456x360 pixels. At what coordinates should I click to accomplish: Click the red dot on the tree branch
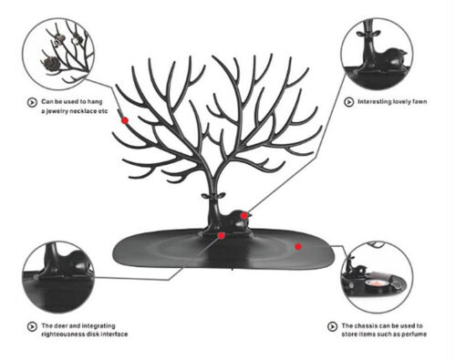(x=124, y=119)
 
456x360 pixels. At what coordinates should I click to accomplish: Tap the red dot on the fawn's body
(x=244, y=215)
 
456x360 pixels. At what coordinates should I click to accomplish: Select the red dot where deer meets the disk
(x=222, y=236)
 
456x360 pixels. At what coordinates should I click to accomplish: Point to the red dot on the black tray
(x=298, y=246)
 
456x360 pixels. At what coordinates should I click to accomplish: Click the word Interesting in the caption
(x=371, y=102)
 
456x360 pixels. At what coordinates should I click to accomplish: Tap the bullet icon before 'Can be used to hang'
(x=31, y=99)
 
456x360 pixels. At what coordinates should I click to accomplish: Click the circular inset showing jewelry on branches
(x=62, y=53)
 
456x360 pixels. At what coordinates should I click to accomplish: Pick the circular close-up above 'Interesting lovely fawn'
(x=377, y=54)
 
